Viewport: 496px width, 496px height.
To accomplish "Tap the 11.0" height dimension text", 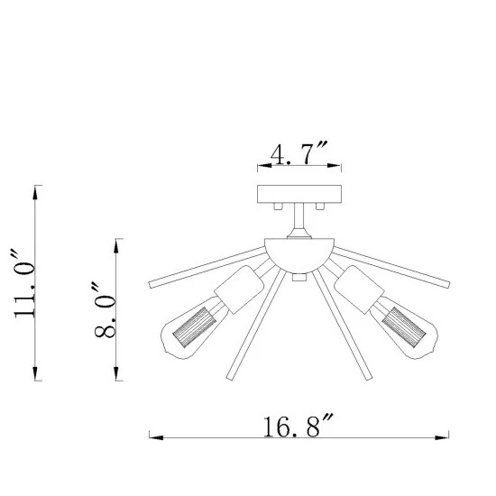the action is pyautogui.click(x=23, y=283).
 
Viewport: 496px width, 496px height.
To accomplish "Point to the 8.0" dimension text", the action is pyautogui.click(x=104, y=309).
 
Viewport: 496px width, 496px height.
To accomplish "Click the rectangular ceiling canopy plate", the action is pyautogui.click(x=299, y=194).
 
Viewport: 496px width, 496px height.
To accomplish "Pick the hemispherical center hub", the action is pyautogui.click(x=299, y=255).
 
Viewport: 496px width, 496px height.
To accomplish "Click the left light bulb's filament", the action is pyautogui.click(x=195, y=327).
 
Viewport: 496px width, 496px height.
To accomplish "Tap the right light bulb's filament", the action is pyautogui.click(x=403, y=327).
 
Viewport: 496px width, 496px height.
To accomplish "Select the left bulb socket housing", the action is pyautogui.click(x=239, y=289).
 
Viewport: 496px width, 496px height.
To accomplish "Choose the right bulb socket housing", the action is pyautogui.click(x=359, y=289).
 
